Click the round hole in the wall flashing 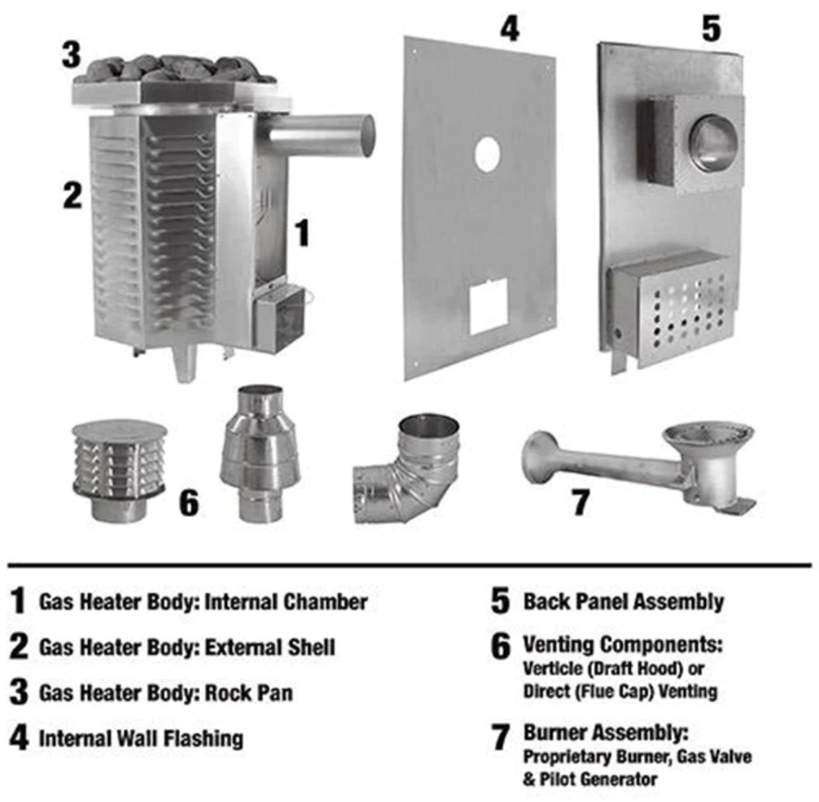(x=487, y=155)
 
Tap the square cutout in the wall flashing (x=488, y=306)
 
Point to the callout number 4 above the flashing (x=509, y=28)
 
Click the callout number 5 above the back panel (x=711, y=28)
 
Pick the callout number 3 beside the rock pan (x=72, y=55)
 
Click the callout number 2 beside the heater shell (x=72, y=195)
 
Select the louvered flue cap (x=119, y=471)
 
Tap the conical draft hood (x=260, y=453)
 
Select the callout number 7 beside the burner (x=581, y=502)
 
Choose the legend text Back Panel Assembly (x=624, y=601)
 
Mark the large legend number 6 (x=501, y=647)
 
